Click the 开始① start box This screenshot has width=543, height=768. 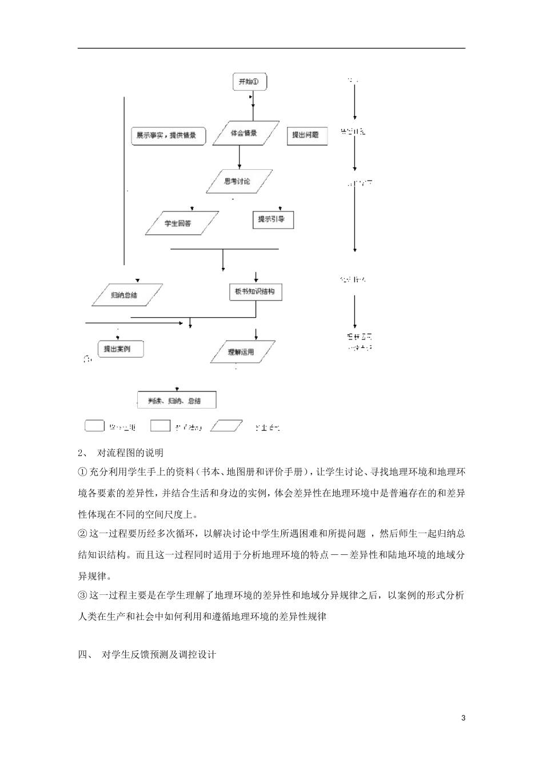pyautogui.click(x=249, y=82)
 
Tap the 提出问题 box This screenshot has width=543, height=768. pyautogui.click(x=306, y=135)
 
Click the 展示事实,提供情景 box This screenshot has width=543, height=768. pyautogui.click(x=167, y=136)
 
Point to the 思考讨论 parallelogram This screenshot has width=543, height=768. pyautogui.click(x=237, y=182)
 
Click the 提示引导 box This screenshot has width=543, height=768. pyautogui.click(x=273, y=219)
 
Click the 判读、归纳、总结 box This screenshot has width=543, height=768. pyautogui.click(x=178, y=401)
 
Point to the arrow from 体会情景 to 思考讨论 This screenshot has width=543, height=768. pyautogui.click(x=239, y=157)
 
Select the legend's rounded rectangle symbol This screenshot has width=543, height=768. pyautogui.click(x=95, y=426)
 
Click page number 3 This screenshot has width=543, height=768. pyautogui.click(x=464, y=718)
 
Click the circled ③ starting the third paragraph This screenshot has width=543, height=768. pyautogui.click(x=83, y=595)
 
